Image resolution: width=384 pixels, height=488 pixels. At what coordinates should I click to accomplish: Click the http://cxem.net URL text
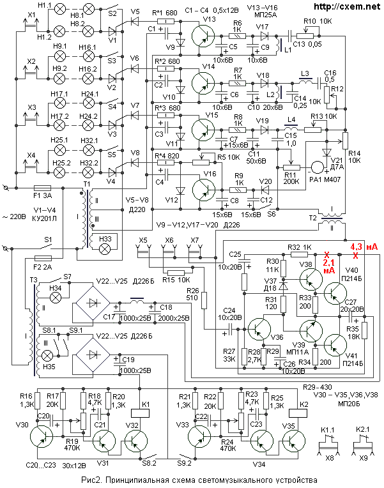(348, 6)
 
